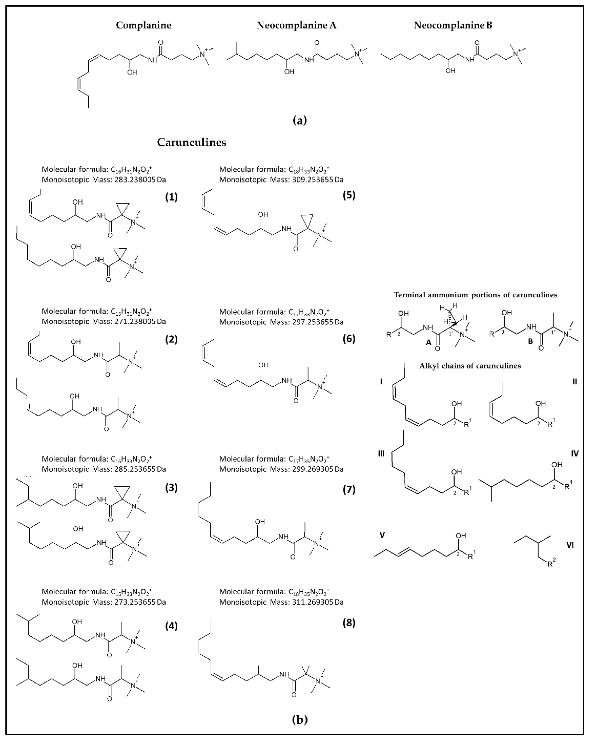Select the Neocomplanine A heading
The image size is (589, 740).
296,25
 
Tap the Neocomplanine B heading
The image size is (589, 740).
453,25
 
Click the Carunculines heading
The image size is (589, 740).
192,142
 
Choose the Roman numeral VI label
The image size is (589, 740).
570,545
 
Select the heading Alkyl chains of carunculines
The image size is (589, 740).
469,366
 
